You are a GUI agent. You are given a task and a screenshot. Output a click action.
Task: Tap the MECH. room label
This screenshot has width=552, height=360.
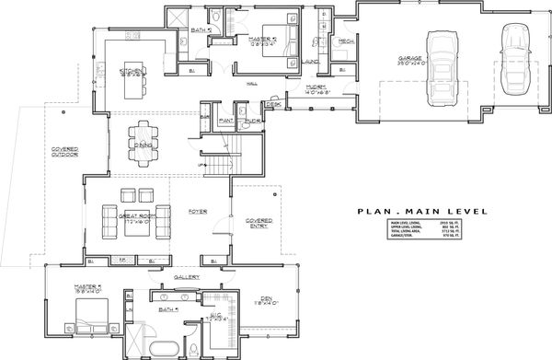click(346, 41)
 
